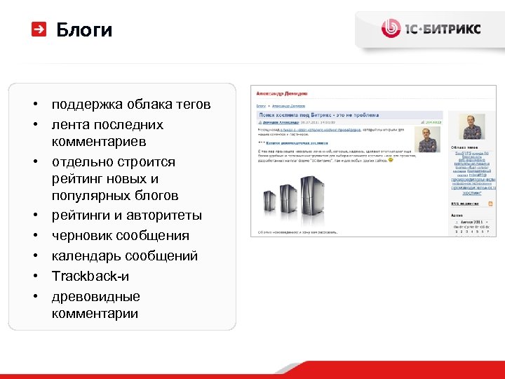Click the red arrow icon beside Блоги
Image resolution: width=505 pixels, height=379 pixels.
pos(39,29)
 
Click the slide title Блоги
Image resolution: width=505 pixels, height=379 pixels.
pos(83,29)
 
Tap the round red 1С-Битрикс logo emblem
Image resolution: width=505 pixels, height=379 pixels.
pos(391,28)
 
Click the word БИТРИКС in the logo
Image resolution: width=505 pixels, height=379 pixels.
pos(452,29)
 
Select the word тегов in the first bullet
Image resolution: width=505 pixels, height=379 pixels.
pos(193,105)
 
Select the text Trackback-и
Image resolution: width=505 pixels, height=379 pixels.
pos(90,276)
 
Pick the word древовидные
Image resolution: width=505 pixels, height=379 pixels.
pos(95,296)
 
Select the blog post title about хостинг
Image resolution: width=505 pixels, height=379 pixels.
pos(318,114)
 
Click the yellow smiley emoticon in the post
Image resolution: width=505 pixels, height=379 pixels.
pos(391,160)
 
